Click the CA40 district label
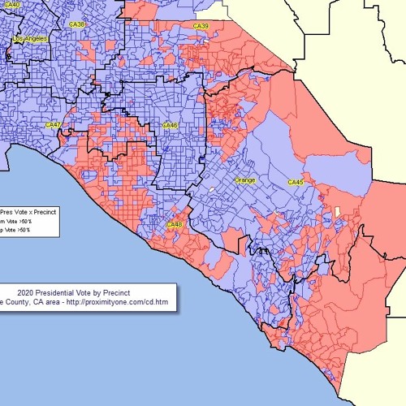tap(11, 5)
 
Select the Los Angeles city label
tap(31, 38)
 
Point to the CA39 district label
tap(201, 27)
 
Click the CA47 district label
tap(53, 125)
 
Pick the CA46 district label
tap(170, 125)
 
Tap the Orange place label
tap(244, 179)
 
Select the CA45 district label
tap(296, 183)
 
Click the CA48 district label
tap(175, 224)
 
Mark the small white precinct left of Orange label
tap(213, 190)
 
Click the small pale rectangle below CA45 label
tap(336, 212)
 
